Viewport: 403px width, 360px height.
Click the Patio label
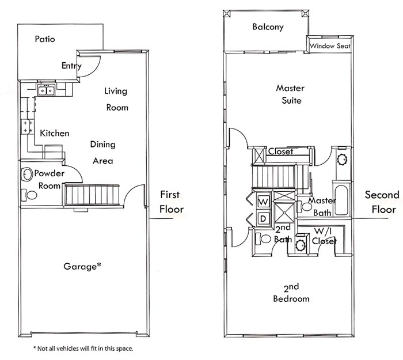click(x=45, y=40)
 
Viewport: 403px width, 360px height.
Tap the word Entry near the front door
click(x=71, y=66)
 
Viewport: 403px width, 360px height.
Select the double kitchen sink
click(x=46, y=90)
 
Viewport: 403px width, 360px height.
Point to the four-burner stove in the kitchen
click(x=27, y=127)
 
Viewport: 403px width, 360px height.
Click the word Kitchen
click(x=54, y=133)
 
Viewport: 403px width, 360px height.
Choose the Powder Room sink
click(x=26, y=173)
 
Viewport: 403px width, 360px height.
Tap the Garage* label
click(x=83, y=266)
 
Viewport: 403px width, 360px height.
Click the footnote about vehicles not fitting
click(x=83, y=348)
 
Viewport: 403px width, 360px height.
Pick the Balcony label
click(x=268, y=27)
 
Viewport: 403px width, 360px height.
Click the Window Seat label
click(x=330, y=46)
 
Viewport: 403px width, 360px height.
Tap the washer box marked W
click(x=263, y=202)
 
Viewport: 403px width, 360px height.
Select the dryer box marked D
click(x=263, y=218)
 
